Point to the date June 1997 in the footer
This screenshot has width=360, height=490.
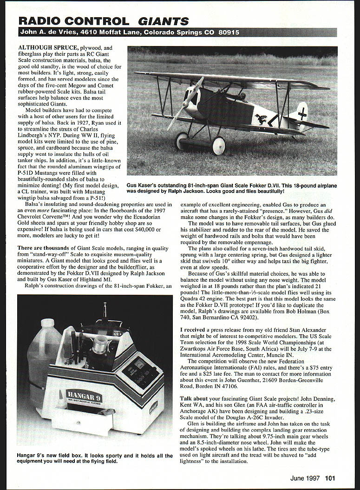305,478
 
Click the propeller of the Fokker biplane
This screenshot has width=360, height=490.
185,103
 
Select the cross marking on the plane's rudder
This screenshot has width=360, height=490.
302,113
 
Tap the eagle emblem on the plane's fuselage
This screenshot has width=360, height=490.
261,119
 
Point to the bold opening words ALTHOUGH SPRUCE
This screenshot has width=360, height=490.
48,48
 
